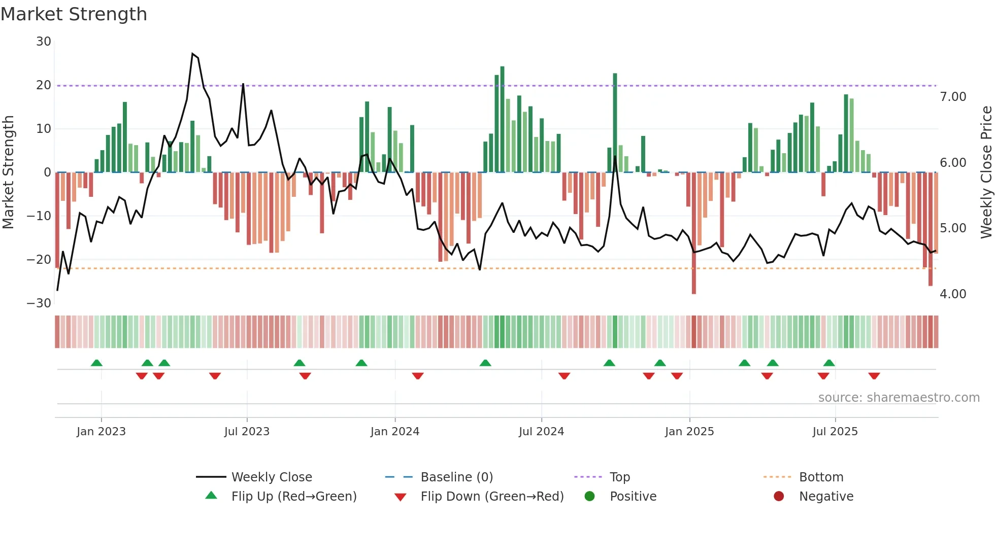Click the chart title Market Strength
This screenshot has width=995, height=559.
(x=74, y=14)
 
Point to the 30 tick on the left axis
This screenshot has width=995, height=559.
(x=44, y=42)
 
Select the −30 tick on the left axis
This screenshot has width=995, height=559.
(x=39, y=303)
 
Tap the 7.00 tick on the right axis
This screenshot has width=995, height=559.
(x=953, y=97)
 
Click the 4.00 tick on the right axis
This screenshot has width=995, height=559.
(x=953, y=294)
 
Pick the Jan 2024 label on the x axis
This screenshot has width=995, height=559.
(x=394, y=432)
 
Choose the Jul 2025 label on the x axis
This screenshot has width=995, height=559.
(x=835, y=432)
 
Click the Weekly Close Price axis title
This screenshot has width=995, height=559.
(x=986, y=172)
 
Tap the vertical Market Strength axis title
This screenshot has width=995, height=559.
(x=9, y=172)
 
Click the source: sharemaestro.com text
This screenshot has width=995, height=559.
(x=899, y=398)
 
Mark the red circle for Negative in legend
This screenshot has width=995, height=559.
(x=779, y=496)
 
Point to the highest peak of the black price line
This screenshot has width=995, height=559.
(x=192, y=53)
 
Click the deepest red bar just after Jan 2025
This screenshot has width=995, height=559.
(x=694, y=233)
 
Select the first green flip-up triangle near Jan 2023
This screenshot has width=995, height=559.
(x=96, y=363)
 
